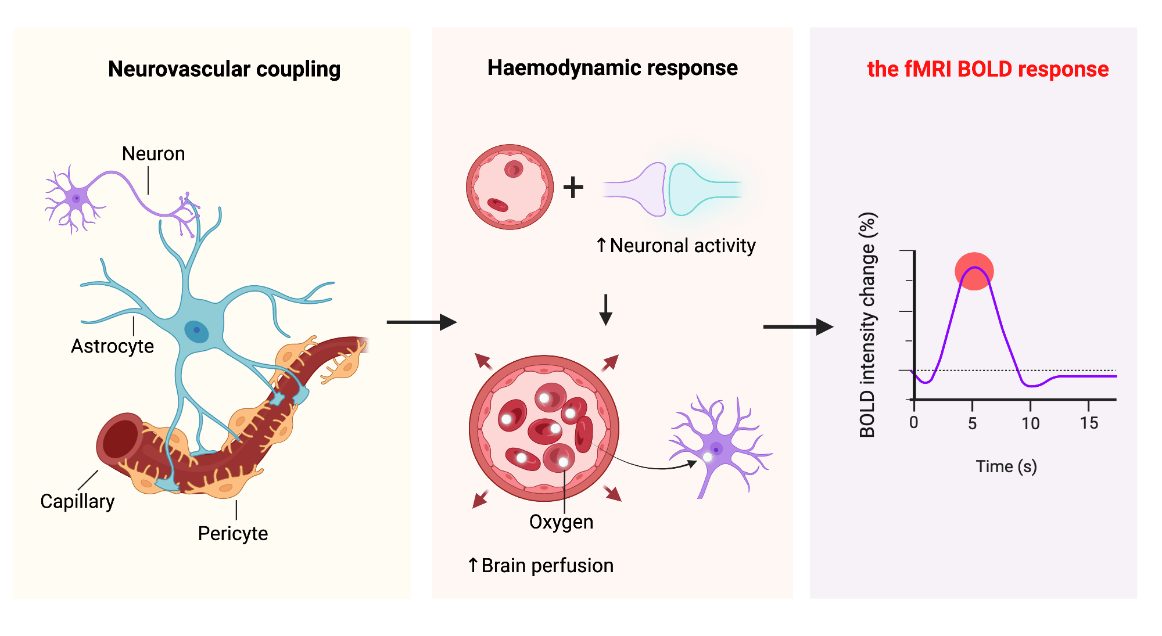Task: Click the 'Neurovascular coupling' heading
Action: pos(224,69)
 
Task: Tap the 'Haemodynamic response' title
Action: pos(612,68)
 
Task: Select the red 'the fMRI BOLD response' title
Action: pos(988,69)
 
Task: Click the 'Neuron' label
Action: pos(153,154)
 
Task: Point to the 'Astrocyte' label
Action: pos(112,346)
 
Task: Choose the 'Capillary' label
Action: pos(77,501)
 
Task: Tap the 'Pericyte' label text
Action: pos(232,533)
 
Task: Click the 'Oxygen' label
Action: pos(561,522)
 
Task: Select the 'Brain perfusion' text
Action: pos(547,565)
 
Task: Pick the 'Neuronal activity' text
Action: pos(682,246)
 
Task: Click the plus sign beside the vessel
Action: pos(573,188)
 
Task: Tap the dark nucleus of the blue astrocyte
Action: pos(196,330)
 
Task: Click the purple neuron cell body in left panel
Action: pos(76,199)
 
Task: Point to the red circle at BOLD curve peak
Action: pos(974,271)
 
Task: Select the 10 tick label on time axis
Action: pos(1031,423)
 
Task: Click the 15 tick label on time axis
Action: pos(1089,423)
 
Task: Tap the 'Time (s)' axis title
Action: pos(1006,466)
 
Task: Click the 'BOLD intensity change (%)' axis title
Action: pos(867,325)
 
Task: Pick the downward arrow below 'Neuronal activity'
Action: pos(605,310)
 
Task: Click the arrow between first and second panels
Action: pos(421,322)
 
